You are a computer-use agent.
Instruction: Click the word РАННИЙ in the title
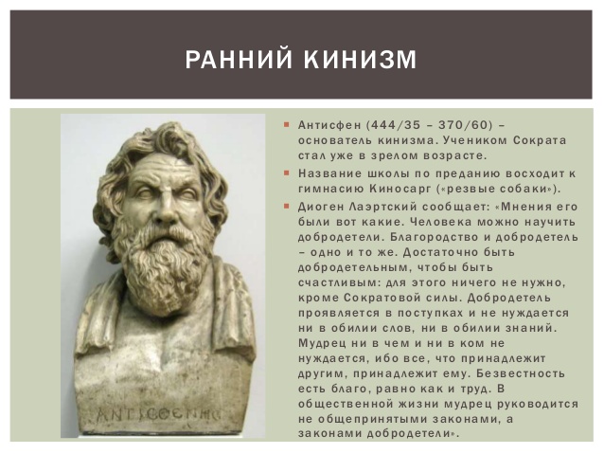(238, 59)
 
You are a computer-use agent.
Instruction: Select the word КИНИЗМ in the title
(361, 59)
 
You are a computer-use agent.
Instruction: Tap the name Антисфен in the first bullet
(329, 125)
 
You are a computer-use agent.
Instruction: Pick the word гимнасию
(331, 190)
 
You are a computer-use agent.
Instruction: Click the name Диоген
(321, 207)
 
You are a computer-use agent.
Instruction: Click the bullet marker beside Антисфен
(286, 125)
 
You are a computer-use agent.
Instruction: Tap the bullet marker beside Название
(286, 173)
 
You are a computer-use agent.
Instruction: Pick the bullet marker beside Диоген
(286, 207)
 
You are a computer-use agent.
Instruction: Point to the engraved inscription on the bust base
(158, 414)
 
